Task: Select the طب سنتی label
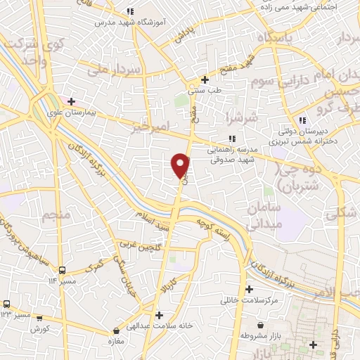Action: (205, 90)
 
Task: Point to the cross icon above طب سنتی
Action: (205, 79)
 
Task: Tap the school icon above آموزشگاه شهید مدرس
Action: (130, 11)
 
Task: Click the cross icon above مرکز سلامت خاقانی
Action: (249, 288)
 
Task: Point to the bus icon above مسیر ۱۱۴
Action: (63, 269)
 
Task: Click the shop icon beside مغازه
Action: (117, 330)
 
